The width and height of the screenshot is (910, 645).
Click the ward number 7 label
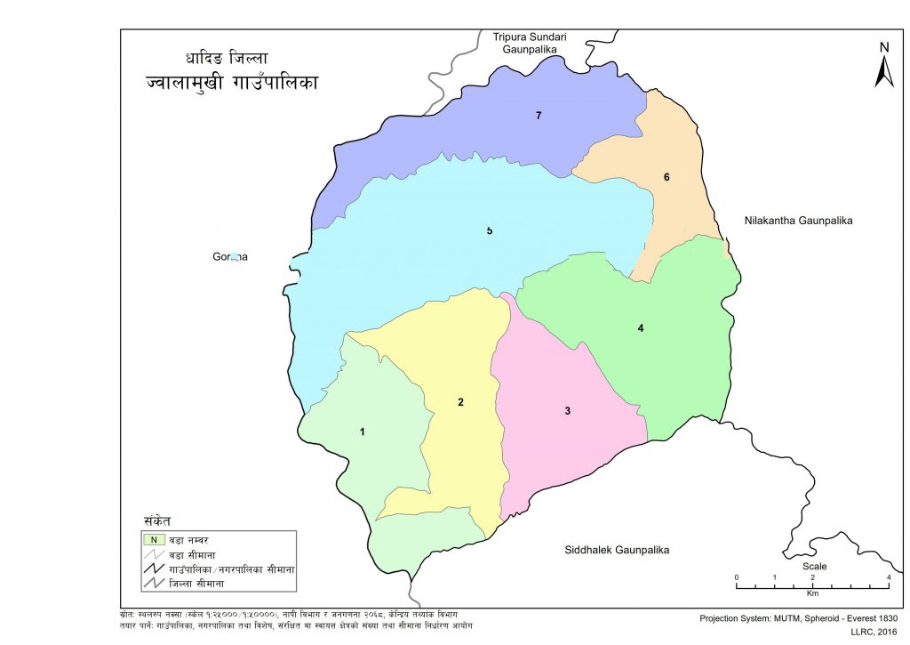(539, 116)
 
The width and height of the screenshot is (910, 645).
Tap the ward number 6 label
(666, 177)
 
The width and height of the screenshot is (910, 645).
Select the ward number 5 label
(489, 231)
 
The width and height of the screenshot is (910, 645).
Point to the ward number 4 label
(640, 328)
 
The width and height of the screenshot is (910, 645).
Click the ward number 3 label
(567, 410)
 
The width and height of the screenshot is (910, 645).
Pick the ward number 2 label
(460, 402)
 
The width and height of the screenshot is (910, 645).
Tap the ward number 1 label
(362, 431)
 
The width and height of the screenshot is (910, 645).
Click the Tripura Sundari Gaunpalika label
(530, 44)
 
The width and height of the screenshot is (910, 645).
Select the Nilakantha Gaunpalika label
(797, 220)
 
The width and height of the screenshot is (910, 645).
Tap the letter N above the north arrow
(883, 47)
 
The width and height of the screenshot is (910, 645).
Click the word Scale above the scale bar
(813, 566)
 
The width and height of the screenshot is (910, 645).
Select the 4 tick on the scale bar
(889, 577)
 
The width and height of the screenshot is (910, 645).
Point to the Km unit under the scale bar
(812, 593)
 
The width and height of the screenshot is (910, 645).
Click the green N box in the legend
(153, 539)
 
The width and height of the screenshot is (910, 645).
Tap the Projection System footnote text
(799, 617)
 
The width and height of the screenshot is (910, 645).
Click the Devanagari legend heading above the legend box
(156, 520)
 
